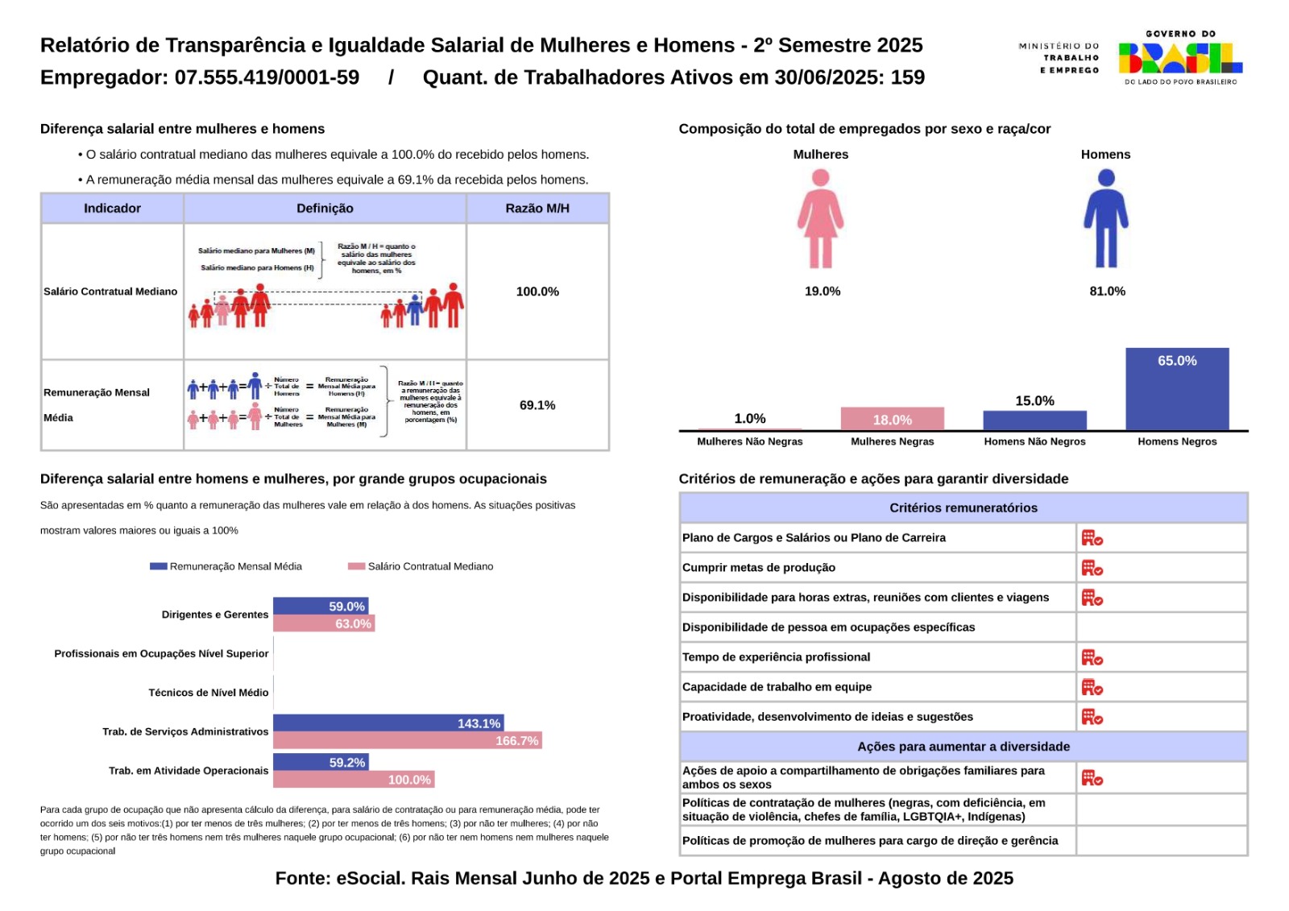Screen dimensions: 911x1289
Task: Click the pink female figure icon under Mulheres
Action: pos(820,219)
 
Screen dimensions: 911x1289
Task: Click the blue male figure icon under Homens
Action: pos(1106,219)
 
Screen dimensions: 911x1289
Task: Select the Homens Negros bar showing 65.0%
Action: pos(1177,389)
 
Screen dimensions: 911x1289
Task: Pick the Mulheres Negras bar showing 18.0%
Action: pos(892,419)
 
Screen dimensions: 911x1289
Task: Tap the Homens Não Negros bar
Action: pos(1034,420)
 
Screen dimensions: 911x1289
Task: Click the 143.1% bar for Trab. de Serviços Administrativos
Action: pos(388,723)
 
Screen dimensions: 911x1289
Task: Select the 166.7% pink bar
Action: pos(407,740)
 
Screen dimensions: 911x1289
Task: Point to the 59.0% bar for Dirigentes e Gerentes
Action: pos(321,607)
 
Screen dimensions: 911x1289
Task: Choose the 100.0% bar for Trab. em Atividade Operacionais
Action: pos(354,780)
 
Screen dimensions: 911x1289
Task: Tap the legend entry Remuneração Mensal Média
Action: pos(227,566)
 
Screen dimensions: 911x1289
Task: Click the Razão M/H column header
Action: pos(537,209)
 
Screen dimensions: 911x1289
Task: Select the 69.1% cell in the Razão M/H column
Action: pos(537,405)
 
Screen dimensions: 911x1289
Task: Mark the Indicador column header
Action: pos(112,209)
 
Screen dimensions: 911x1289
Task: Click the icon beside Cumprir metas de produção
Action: pos(1092,568)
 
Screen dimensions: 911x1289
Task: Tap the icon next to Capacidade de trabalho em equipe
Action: pos(1092,687)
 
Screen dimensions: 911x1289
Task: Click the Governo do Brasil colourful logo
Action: pos(1180,58)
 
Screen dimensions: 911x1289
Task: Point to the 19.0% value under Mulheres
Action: pos(822,292)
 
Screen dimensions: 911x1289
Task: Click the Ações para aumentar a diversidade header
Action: pos(963,747)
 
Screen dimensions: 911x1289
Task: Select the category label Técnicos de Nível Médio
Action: pos(208,693)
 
